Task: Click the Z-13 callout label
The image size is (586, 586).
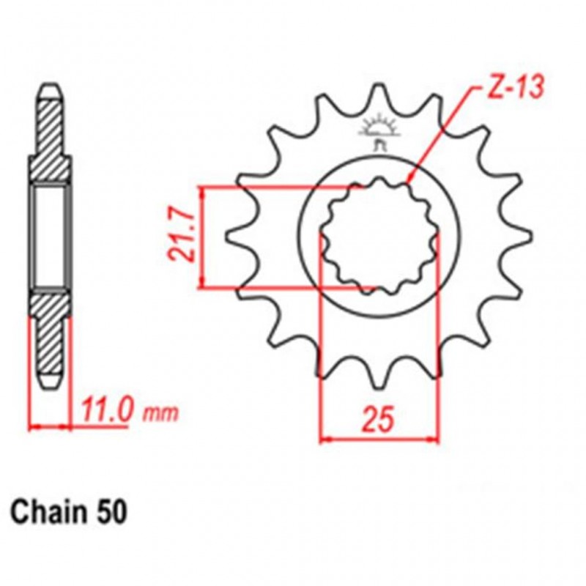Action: (513, 89)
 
